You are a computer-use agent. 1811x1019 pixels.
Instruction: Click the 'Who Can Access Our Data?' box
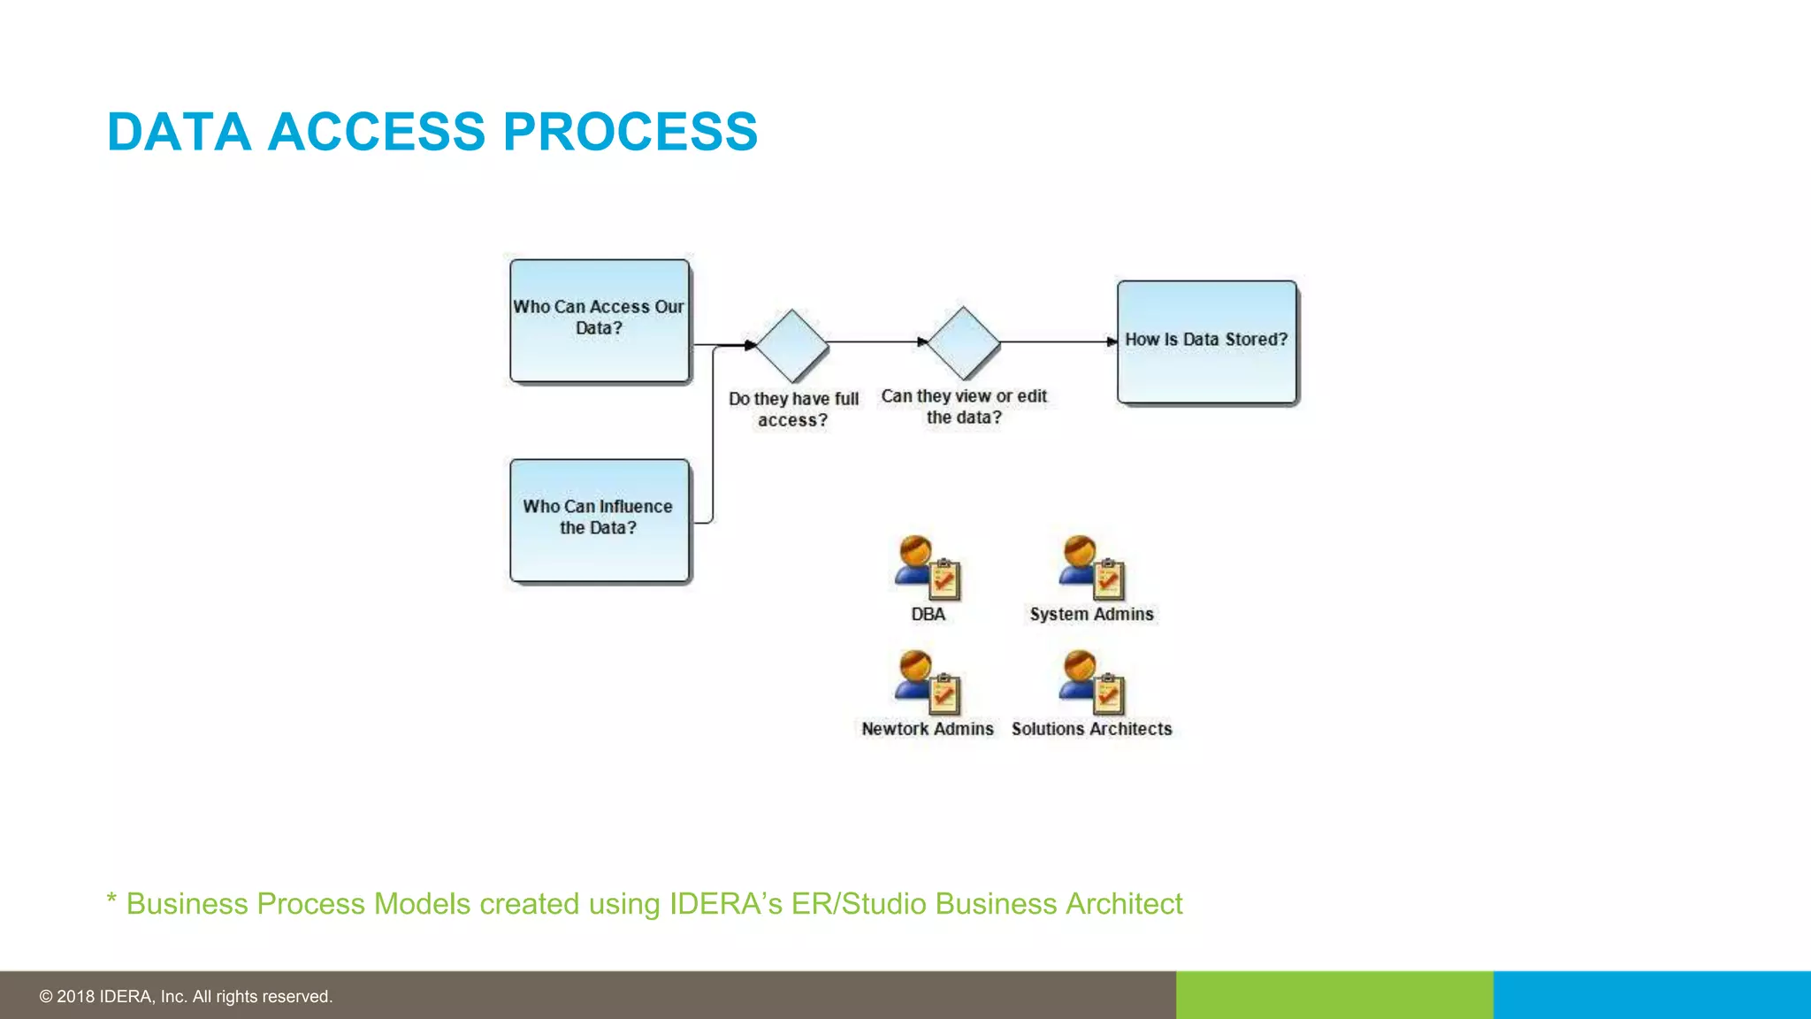[600, 320]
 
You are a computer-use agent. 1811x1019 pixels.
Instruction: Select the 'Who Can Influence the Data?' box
[600, 520]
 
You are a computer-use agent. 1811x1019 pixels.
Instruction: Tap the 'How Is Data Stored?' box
[1206, 341]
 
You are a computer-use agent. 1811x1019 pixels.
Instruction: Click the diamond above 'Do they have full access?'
[791, 345]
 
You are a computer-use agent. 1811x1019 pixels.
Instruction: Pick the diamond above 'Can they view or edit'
[963, 342]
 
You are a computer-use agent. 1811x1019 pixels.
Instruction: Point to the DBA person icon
[927, 567]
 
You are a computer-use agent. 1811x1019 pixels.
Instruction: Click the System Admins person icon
[1091, 567]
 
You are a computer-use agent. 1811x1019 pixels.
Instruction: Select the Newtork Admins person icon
[927, 682]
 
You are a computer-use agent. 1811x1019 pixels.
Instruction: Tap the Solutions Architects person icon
[1091, 682]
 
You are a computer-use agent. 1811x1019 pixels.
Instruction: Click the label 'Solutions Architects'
[1091, 729]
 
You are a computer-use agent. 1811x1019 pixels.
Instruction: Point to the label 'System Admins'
[1091, 614]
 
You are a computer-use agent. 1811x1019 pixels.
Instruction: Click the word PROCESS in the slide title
[630, 132]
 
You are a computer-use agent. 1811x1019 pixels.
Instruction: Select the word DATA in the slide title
[179, 132]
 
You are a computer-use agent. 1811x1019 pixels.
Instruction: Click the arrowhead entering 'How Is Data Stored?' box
[1112, 341]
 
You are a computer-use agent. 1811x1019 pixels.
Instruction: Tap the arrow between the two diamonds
[875, 341]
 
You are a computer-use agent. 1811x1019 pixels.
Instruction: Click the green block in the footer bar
[1334, 995]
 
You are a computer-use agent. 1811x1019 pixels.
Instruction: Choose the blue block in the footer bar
[1652, 995]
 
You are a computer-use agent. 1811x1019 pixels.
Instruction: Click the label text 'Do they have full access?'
[793, 410]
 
